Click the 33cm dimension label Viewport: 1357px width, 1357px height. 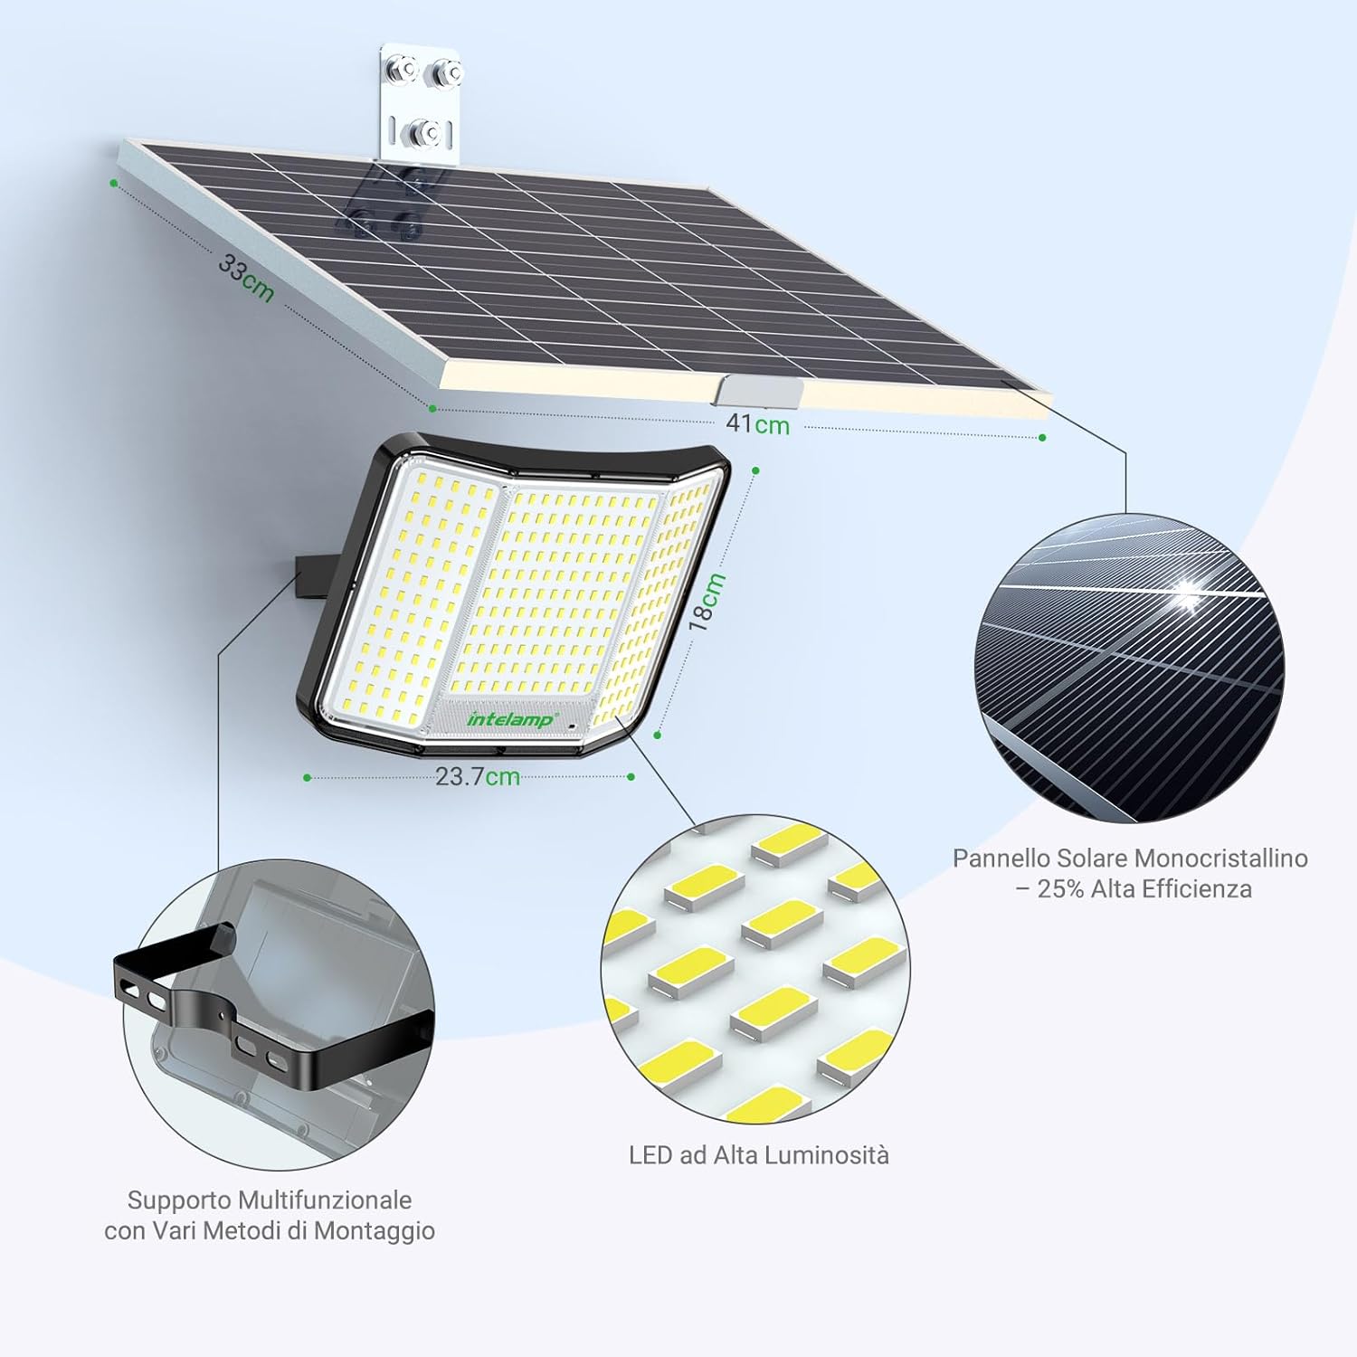[x=246, y=278]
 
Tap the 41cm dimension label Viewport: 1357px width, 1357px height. [x=758, y=423]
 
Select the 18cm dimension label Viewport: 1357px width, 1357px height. [x=707, y=601]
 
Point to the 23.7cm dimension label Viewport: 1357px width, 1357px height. [x=478, y=776]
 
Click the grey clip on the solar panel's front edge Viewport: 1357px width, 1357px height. [x=758, y=392]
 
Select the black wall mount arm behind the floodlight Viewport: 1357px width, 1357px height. [x=309, y=574]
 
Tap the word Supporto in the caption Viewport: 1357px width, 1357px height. [x=179, y=1200]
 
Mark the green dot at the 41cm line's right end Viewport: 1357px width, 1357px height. [x=1042, y=438]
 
